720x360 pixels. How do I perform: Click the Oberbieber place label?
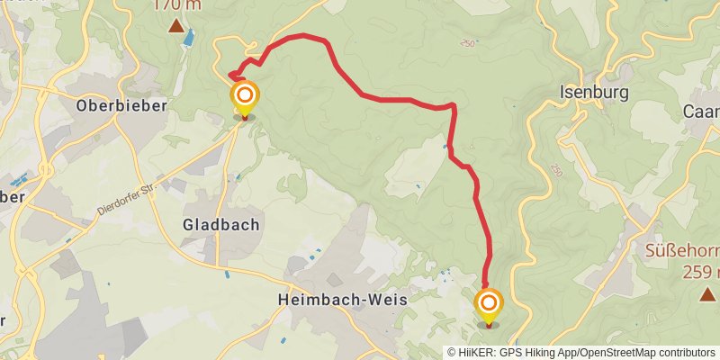coord(121,105)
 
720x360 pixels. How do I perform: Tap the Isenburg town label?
coord(593,92)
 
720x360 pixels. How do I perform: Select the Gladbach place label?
coord(220,224)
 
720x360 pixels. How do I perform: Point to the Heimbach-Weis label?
coord(342,299)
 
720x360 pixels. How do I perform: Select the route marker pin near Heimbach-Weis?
coord(489,303)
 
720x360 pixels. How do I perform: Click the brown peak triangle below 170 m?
coord(176,26)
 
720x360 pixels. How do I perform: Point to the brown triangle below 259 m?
coord(707,294)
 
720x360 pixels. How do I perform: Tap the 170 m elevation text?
coord(176,4)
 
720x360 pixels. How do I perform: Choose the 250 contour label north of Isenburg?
coord(467,42)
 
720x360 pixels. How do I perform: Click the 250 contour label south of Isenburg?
coord(557,170)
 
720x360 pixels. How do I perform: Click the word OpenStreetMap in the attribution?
coord(616,353)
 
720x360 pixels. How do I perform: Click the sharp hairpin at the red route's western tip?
coord(230,75)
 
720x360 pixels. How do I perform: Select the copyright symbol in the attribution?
coord(452,353)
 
